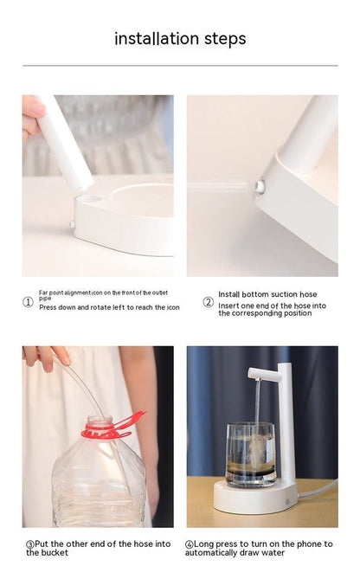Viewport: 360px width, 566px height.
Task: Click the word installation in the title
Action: pos(157,39)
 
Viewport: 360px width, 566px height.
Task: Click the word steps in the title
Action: pos(225,39)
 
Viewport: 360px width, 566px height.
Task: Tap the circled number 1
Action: pos(28,302)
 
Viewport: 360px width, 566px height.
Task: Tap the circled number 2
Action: pos(208,302)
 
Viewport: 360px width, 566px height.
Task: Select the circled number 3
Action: pos(29,543)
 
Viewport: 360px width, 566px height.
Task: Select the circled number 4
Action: pos(190,543)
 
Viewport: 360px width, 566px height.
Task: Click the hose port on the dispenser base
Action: pos(260,184)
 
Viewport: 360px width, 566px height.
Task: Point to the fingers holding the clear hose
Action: pos(43,356)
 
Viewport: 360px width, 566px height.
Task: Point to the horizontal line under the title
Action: pos(180,65)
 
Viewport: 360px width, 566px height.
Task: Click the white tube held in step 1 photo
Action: pos(67,143)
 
